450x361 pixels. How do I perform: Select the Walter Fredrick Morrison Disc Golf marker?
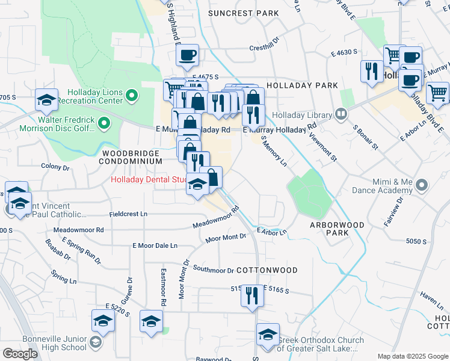[104, 124]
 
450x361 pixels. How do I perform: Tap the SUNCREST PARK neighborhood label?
[243, 13]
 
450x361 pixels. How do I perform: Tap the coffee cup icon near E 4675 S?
[188, 55]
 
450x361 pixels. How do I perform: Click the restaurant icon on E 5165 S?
[251, 295]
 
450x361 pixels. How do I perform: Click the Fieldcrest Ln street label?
[128, 214]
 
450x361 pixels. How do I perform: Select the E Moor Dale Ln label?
[155, 245]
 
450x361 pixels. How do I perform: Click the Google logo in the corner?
[19, 353]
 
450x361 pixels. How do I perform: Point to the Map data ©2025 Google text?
[412, 356]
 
